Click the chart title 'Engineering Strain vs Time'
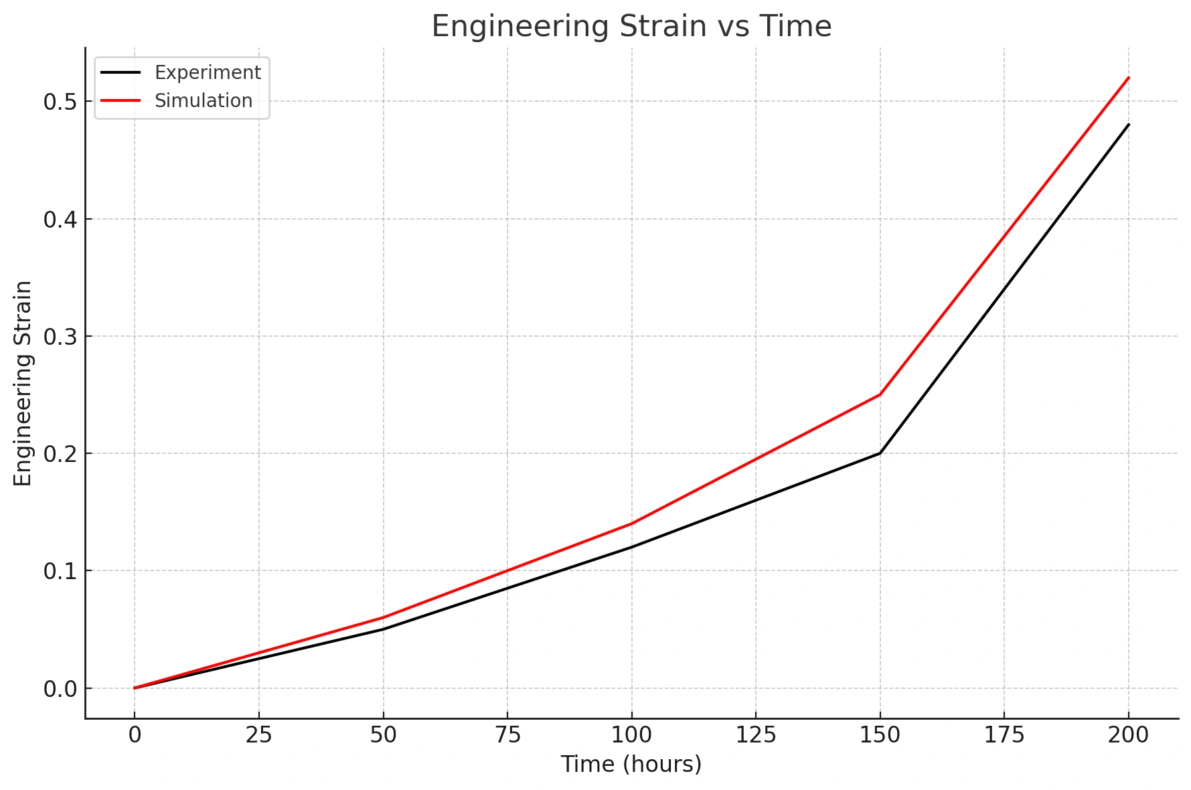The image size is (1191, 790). coord(631,27)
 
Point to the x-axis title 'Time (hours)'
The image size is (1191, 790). coord(631,764)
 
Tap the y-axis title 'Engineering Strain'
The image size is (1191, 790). coord(23,383)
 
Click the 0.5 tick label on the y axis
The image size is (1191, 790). coord(60,102)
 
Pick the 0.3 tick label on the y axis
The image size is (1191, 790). coord(60,337)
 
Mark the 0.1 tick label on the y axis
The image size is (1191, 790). coord(60,571)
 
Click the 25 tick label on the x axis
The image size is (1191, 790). coord(258,735)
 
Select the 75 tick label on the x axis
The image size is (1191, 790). coord(507,735)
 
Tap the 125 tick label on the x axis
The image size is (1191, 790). coord(756,735)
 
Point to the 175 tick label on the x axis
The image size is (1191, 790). coord(1004,735)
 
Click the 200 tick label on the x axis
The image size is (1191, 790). coord(1129,735)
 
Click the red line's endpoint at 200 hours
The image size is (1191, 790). coord(1129,78)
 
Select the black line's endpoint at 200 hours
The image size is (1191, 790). coord(1129,125)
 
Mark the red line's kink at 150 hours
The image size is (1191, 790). coord(880,394)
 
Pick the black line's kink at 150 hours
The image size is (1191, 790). coord(880,453)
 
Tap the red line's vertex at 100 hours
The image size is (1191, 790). coord(631,524)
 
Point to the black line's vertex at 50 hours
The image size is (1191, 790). coord(383,629)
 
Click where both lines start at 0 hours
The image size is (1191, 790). coord(135,688)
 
